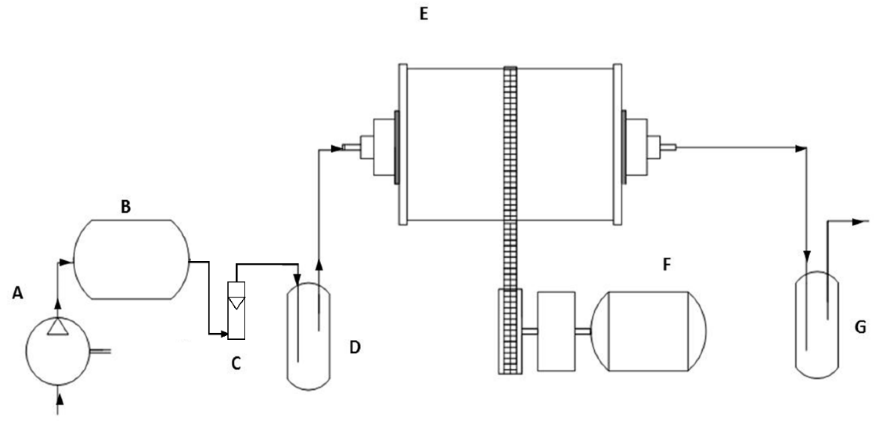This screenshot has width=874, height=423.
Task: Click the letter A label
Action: tap(18, 293)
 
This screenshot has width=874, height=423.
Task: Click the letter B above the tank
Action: tap(126, 206)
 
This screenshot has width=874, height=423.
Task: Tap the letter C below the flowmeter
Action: tap(236, 363)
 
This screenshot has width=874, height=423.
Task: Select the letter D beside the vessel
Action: tap(355, 347)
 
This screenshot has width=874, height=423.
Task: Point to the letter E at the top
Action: tap(424, 14)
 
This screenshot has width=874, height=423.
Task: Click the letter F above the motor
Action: tap(667, 265)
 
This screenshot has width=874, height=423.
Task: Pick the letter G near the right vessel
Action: tap(861, 327)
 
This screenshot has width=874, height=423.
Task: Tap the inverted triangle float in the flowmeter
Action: tap(236, 303)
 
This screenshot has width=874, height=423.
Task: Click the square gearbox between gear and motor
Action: tap(556, 331)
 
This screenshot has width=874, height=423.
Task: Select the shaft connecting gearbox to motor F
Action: tap(583, 331)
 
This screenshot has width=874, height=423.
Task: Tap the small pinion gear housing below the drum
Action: tap(510, 331)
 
